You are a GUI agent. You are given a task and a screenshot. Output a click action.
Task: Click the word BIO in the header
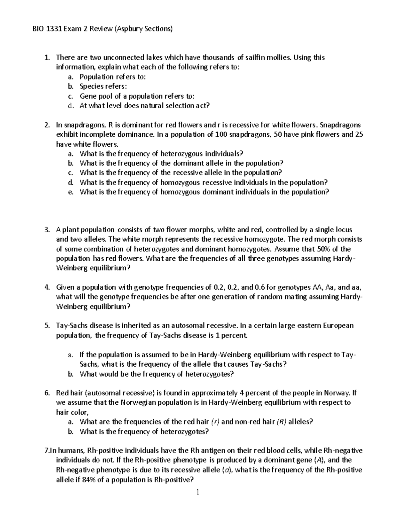point(38,29)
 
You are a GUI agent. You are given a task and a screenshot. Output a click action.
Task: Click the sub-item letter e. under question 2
point(70,192)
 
